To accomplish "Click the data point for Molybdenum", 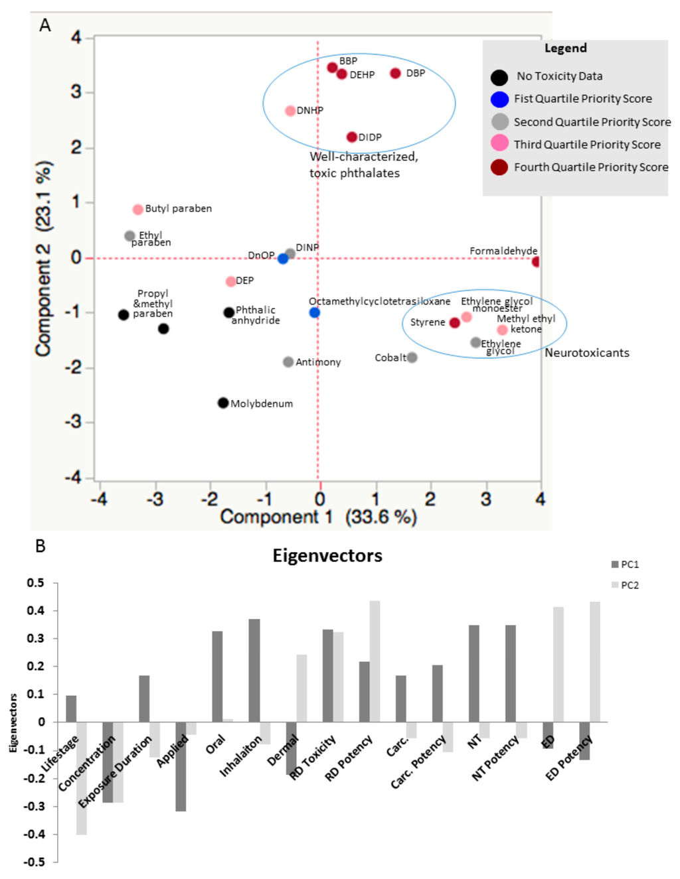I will (223, 403).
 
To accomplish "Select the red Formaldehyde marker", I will (536, 261).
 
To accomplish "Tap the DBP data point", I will (395, 73).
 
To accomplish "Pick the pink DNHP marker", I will (290, 111).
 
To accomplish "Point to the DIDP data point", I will (352, 137).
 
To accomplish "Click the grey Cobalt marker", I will (412, 358).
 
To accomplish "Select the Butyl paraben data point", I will (137, 210).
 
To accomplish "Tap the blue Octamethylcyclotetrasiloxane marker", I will (315, 312).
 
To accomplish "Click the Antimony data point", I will (288, 362).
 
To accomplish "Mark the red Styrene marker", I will (454, 322).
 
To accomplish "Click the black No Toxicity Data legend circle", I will (499, 78).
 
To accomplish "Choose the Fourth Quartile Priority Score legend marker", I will (499, 167).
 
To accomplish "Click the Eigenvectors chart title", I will (327, 555).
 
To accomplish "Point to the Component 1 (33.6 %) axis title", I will (318, 517).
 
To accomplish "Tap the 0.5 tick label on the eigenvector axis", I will (36, 583).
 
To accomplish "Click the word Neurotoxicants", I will (586, 353).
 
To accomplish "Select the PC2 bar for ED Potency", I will (595, 661).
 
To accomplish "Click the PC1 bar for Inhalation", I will (254, 670).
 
